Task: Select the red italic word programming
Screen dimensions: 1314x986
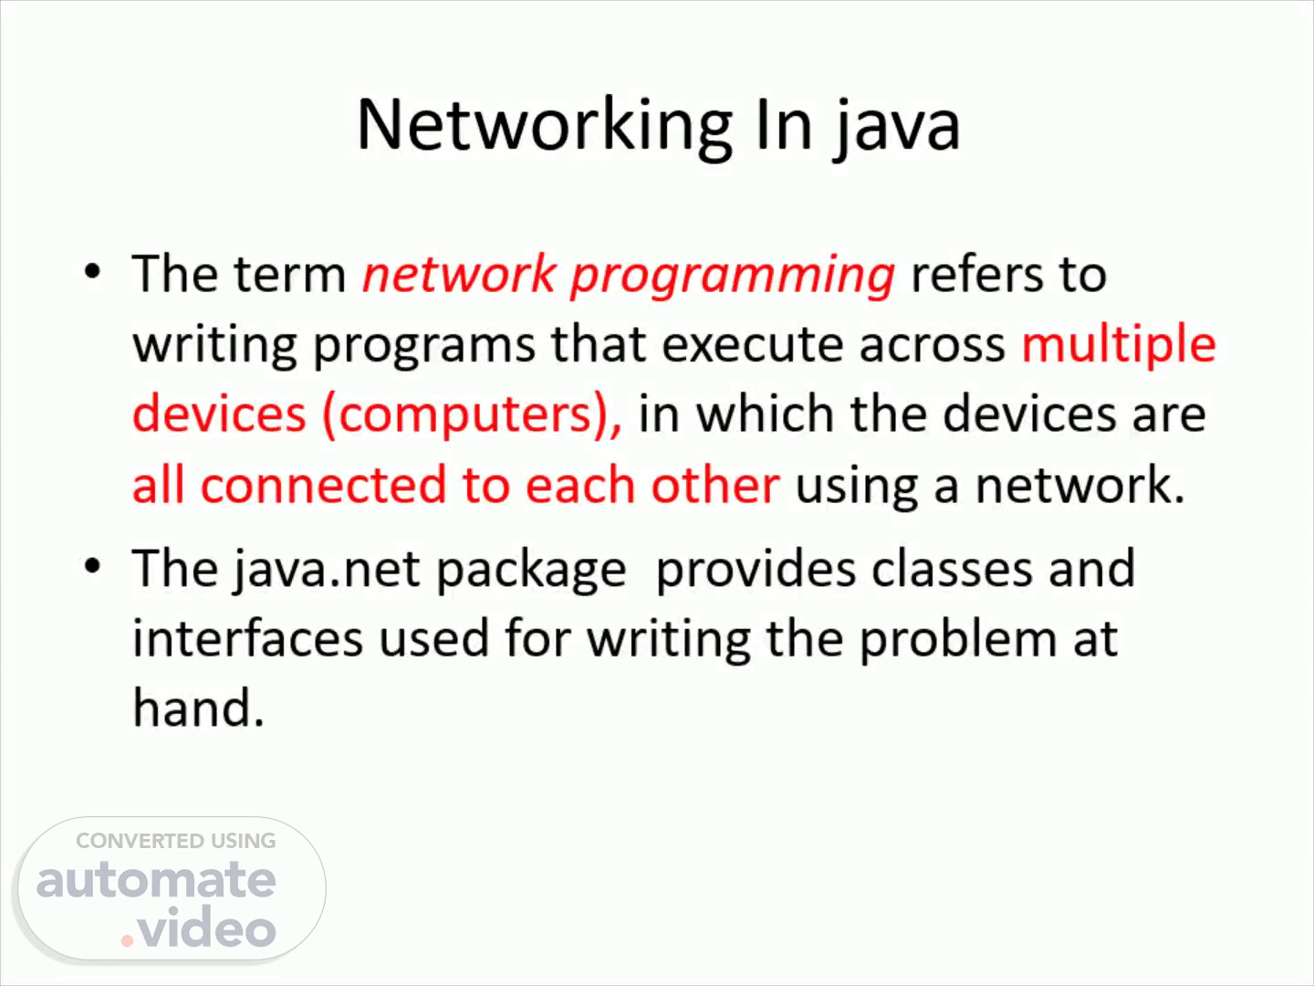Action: point(733,277)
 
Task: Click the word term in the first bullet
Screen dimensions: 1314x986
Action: point(290,275)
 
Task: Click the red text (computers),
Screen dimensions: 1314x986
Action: point(473,414)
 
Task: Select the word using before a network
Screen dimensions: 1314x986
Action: point(857,486)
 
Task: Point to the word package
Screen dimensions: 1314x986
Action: point(531,571)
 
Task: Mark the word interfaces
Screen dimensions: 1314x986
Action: point(248,638)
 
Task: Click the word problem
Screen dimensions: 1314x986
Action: point(959,640)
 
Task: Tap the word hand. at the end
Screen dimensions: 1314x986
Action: point(198,708)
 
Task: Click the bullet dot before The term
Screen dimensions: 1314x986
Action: point(93,272)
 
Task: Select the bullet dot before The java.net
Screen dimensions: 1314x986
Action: point(93,566)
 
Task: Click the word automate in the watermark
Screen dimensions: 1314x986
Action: point(156,880)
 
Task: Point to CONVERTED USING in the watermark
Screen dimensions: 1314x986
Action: point(175,841)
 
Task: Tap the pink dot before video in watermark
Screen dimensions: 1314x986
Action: point(127,940)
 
